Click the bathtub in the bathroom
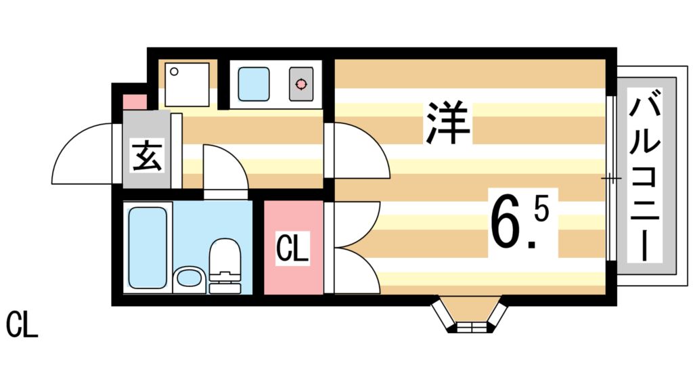pos(147,247)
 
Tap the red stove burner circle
pos(300,85)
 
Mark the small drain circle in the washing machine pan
pos(174,71)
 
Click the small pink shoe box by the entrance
pos(133,102)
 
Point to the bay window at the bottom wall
pos(469,317)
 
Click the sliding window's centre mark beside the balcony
pos(610,179)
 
